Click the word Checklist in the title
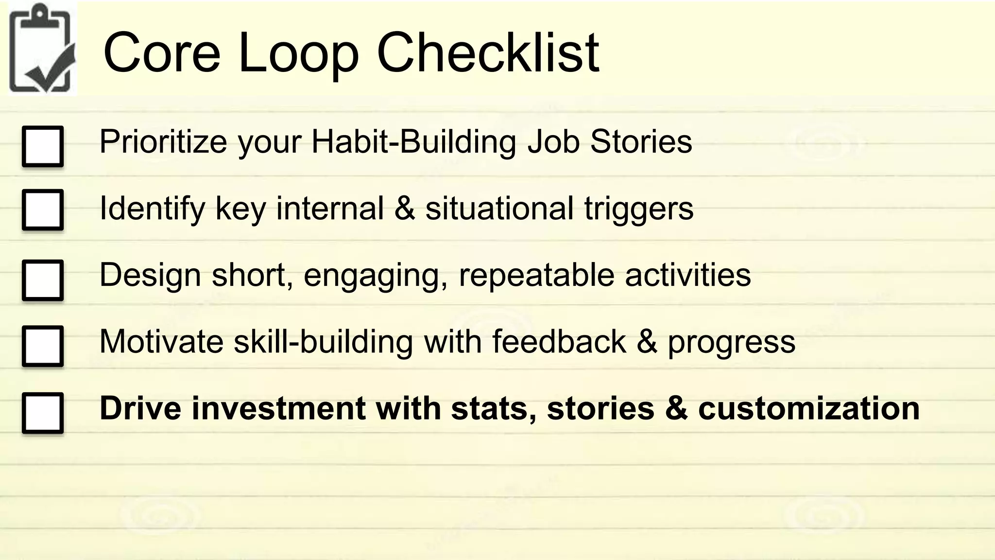pos(488,52)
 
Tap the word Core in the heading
pos(162,52)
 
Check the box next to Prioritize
pos(43,146)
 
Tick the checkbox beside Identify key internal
pos(43,210)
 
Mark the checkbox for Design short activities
pos(43,280)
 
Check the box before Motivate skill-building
pos(43,346)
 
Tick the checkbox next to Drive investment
pos(43,413)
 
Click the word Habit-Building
pos(413,141)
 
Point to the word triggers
pos(638,209)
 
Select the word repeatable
pos(536,275)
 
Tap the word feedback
pos(559,341)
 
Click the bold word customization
pos(808,408)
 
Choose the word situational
pos(499,209)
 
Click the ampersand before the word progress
pos(647,341)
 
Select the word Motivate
pos(161,341)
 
